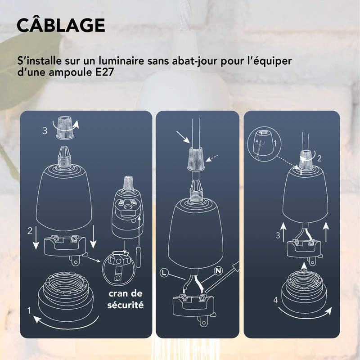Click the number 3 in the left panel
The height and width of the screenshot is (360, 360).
click(x=45, y=130)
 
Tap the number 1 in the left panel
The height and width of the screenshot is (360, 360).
click(x=30, y=310)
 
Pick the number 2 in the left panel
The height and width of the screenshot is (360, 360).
click(x=30, y=232)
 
